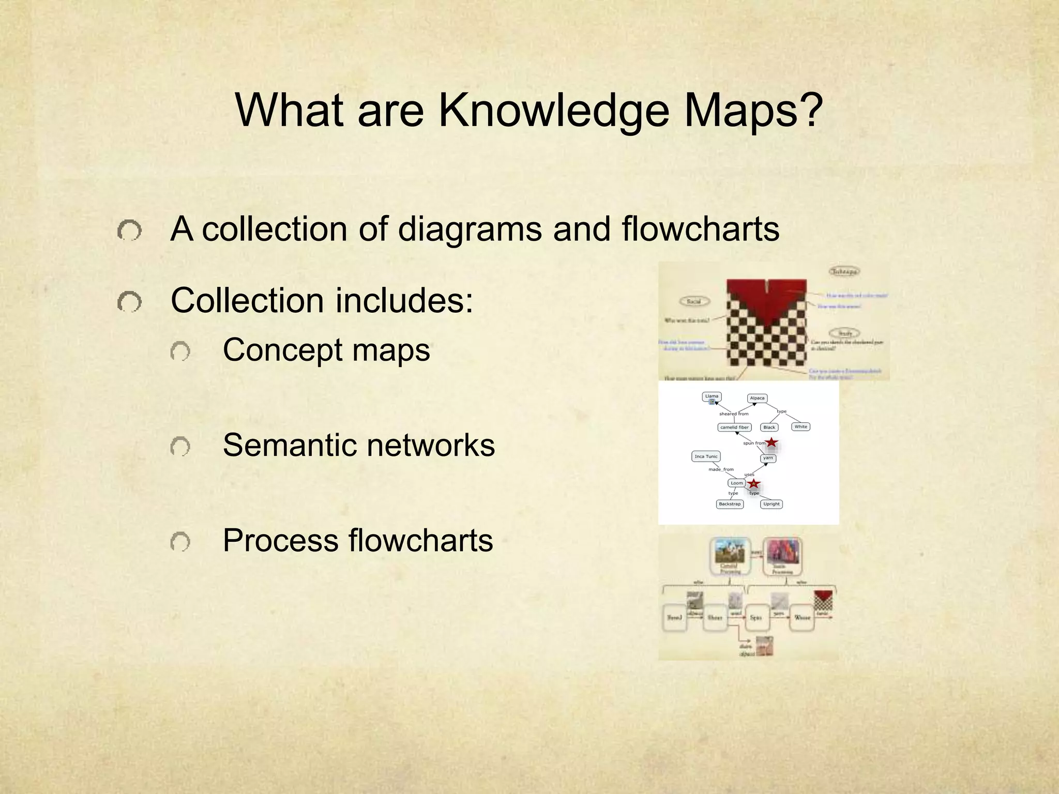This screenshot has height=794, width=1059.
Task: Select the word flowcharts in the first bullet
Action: coord(700,228)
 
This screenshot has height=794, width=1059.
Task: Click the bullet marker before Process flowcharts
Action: coord(180,542)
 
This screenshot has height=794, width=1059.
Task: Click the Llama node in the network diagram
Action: coord(712,396)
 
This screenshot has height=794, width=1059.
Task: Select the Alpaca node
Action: coord(757,398)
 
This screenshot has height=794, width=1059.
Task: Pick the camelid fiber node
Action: coord(734,427)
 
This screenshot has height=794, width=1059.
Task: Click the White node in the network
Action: coord(800,426)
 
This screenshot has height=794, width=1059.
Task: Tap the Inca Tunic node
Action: coord(706,456)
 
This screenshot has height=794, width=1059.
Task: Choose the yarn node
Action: coord(768,458)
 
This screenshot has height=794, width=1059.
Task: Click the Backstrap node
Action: coord(730,504)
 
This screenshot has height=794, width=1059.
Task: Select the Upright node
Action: coord(771,504)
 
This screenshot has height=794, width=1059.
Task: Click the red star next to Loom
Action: coord(754,484)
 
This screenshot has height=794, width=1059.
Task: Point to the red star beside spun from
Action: coord(771,442)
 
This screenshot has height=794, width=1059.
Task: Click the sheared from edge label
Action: coord(734,414)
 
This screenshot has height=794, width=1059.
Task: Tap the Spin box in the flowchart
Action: coord(755,618)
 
